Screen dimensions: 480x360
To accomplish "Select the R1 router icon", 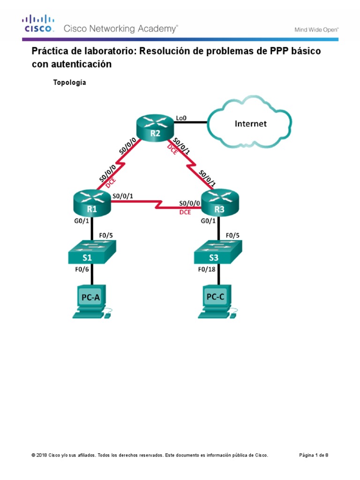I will click(92, 202).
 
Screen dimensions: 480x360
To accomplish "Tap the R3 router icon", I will click(219, 202).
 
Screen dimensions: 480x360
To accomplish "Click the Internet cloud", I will click(250, 124).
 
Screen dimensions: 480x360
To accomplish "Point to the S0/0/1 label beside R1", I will click(122, 196).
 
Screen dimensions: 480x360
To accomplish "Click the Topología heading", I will click(70, 82).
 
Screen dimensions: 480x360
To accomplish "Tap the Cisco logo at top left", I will click(39, 24).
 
